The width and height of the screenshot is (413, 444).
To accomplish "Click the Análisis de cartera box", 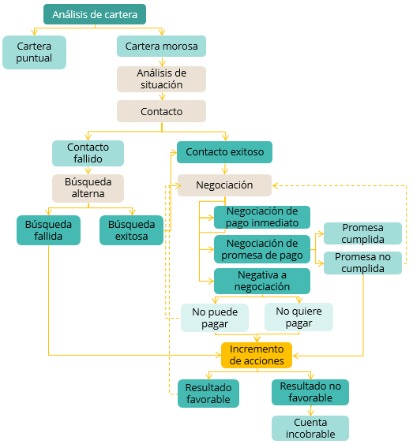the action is click(95, 14).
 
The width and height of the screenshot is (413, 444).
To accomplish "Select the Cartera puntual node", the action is click(34, 52).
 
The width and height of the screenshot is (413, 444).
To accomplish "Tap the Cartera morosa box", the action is click(161, 46).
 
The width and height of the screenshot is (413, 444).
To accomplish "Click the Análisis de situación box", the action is click(161, 79).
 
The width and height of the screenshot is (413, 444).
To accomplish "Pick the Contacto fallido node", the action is click(88, 153).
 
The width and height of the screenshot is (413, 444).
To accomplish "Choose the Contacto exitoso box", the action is click(224, 152).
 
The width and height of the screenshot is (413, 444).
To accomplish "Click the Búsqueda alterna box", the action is click(88, 188).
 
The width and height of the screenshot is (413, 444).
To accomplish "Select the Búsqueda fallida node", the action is click(48, 230).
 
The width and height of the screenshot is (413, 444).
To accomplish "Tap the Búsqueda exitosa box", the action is click(131, 230).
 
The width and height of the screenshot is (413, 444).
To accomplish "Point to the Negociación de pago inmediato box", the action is click(262, 217).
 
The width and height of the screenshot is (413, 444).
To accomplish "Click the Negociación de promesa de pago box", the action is click(262, 249).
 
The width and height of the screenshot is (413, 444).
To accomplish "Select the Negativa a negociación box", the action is click(262, 281).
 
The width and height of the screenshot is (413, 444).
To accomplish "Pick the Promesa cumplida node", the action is click(362, 233).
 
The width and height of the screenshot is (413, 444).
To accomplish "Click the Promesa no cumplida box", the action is click(362, 263).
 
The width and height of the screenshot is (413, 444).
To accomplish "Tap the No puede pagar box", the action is click(215, 318).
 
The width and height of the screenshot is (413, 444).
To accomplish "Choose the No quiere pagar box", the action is click(298, 317).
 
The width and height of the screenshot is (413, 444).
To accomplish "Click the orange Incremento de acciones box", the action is click(257, 355).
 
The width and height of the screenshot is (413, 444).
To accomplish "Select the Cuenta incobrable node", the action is click(310, 428).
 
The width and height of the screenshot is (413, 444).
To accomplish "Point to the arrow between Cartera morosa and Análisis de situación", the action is click(162, 62).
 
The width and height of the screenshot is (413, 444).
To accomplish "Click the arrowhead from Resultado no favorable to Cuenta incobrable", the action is click(310, 412).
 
